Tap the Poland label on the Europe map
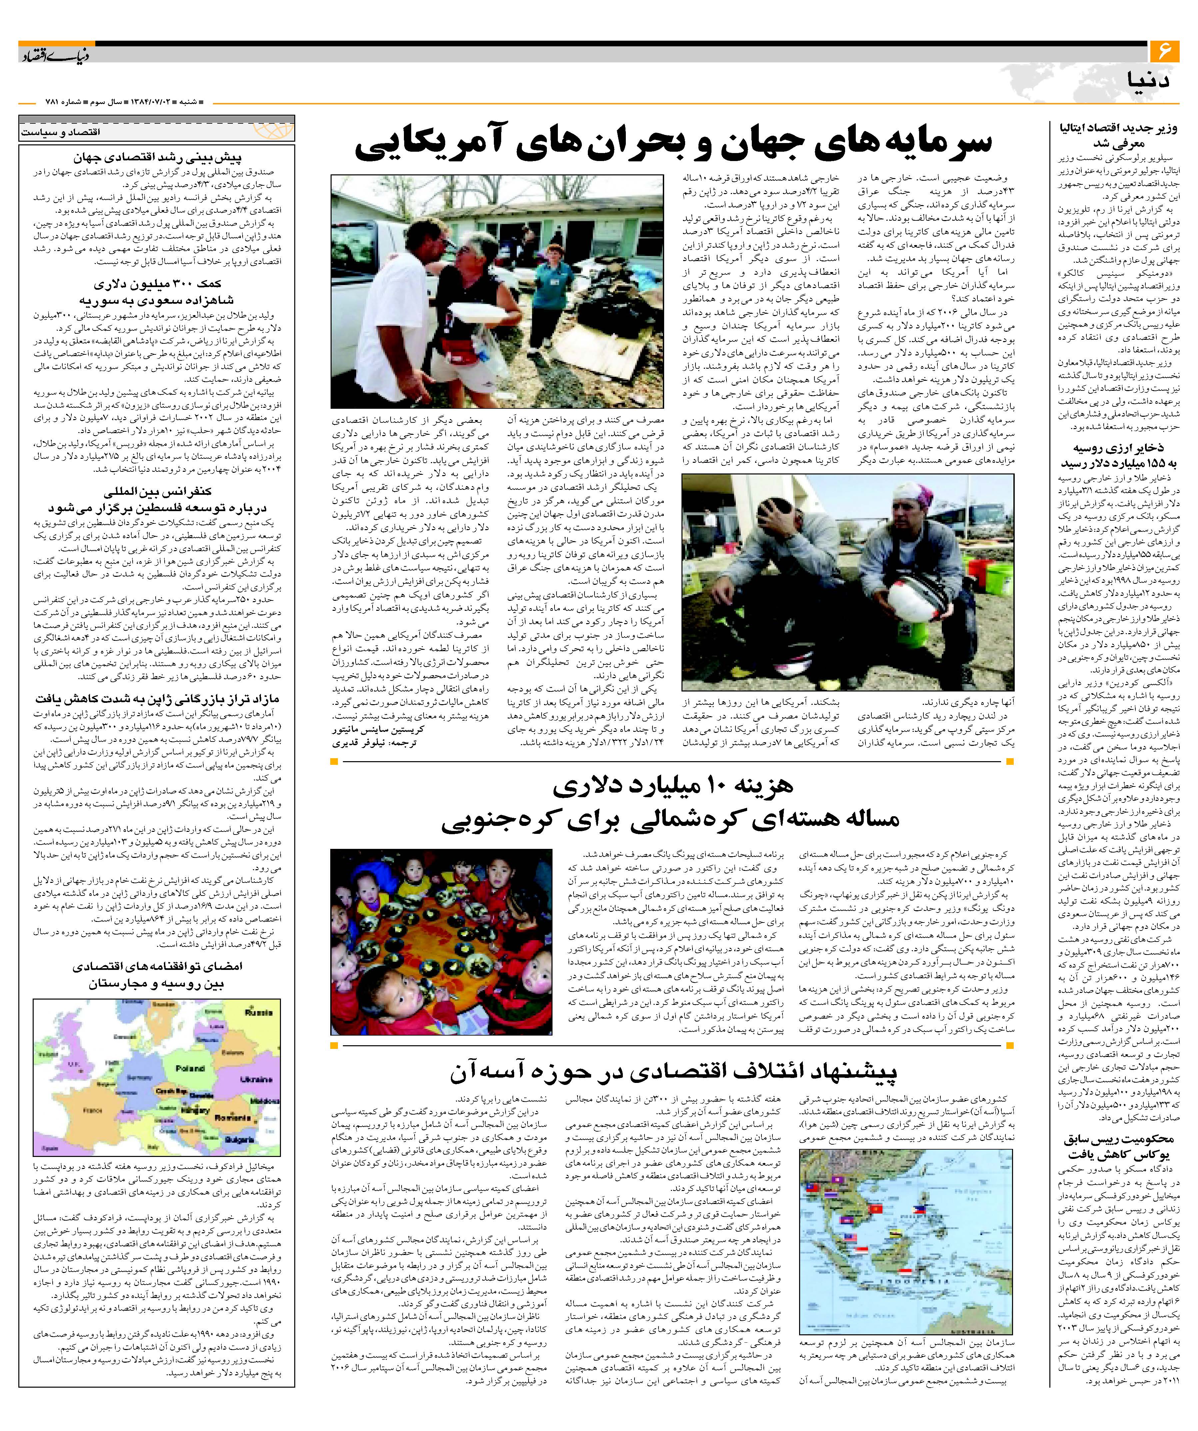(x=190, y=1069)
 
